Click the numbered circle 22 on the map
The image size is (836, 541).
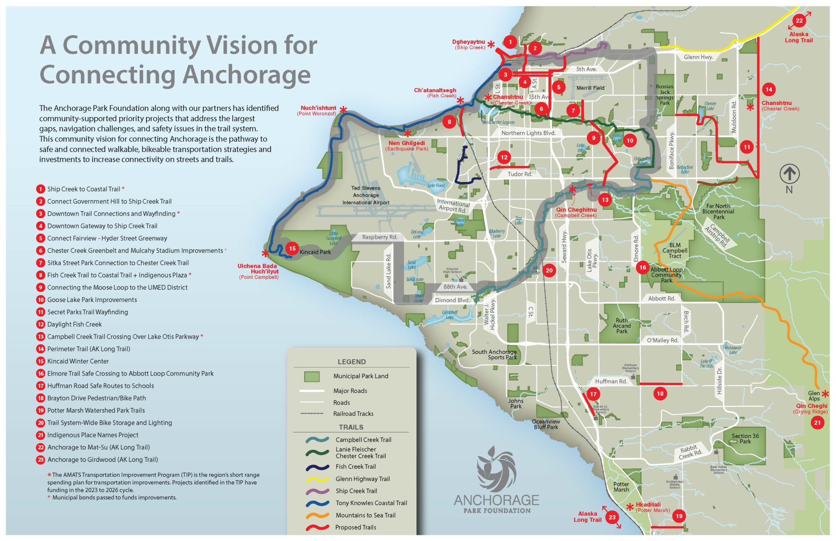click(x=799, y=21)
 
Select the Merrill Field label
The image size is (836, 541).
click(x=590, y=88)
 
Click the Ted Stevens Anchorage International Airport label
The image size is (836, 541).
click(x=366, y=195)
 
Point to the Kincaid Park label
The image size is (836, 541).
click(x=315, y=252)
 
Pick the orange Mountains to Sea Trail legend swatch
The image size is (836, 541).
click(x=317, y=515)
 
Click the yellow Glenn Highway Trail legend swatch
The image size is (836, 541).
click(x=317, y=479)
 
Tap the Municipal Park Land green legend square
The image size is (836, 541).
click(x=312, y=376)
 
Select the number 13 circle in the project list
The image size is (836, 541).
click(x=40, y=337)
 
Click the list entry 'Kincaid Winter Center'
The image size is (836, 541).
click(x=78, y=361)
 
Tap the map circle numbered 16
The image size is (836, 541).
click(x=643, y=267)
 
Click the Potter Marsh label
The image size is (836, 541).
click(x=621, y=487)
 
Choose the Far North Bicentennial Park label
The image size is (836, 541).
click(x=718, y=212)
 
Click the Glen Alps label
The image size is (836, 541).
click(x=814, y=396)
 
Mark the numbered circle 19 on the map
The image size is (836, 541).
click(x=679, y=516)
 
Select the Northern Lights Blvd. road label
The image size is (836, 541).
click(x=528, y=133)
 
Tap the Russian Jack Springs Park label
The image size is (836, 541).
click(x=665, y=95)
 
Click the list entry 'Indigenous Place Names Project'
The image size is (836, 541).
click(x=93, y=435)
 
